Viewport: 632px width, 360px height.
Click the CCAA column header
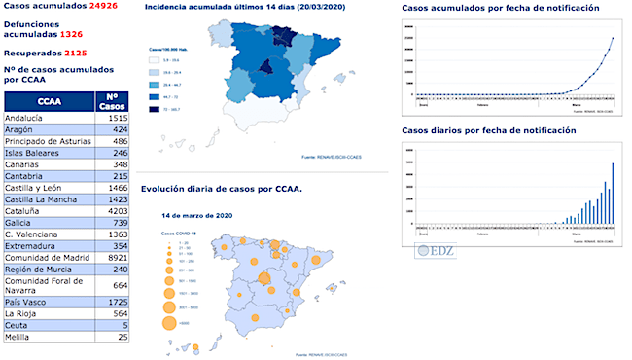click(49, 101)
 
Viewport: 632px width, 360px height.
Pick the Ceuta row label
click(17, 326)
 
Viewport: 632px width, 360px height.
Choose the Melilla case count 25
click(121, 338)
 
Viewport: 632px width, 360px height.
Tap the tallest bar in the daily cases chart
click(613, 195)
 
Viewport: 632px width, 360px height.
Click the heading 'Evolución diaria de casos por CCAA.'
click(221, 189)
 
